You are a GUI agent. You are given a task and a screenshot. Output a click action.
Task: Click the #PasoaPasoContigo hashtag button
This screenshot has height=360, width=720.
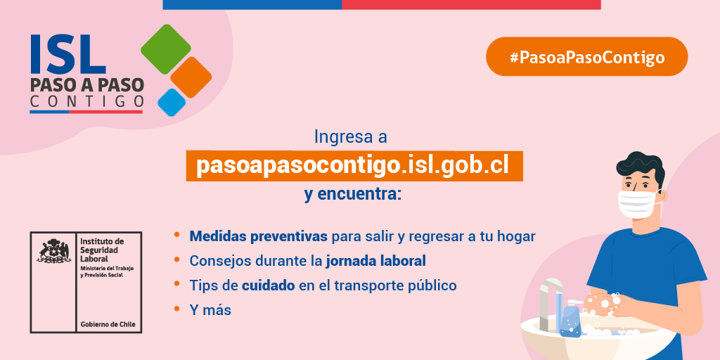[586, 57]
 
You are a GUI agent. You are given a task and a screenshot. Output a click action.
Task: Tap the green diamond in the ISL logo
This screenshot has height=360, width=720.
[166, 50]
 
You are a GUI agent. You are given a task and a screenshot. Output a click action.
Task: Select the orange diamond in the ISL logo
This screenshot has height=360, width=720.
[191, 77]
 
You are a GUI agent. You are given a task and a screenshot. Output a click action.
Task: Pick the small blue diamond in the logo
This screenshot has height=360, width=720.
[172, 102]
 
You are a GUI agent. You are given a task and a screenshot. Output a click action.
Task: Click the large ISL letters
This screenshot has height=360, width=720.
[67, 56]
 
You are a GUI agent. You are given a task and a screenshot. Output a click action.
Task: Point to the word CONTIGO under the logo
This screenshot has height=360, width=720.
[86, 103]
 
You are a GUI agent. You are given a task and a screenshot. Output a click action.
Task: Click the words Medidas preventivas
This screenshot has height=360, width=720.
[258, 236]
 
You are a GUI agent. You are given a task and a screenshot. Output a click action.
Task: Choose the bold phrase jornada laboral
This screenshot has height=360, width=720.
[375, 261]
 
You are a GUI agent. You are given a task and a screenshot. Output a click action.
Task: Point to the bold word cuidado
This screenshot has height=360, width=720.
[268, 285]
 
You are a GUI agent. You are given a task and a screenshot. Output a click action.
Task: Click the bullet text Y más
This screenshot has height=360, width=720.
[210, 309]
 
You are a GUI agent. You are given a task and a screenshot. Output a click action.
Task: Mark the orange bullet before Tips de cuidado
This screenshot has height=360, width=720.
[177, 285]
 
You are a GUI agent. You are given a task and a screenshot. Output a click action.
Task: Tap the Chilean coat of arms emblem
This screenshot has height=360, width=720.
[53, 252]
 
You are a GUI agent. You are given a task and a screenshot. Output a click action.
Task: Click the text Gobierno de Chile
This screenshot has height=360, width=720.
[108, 325]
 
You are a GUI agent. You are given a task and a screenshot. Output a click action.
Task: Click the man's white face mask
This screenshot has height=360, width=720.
[639, 203]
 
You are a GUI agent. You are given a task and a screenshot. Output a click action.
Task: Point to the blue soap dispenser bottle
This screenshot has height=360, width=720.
[570, 321]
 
